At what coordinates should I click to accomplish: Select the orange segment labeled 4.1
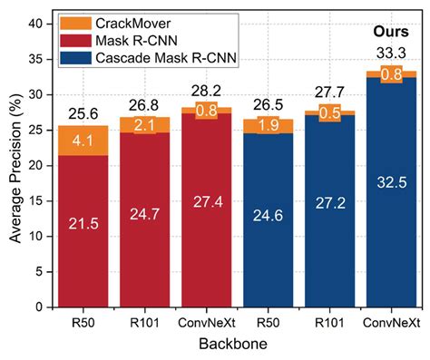(79, 141)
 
